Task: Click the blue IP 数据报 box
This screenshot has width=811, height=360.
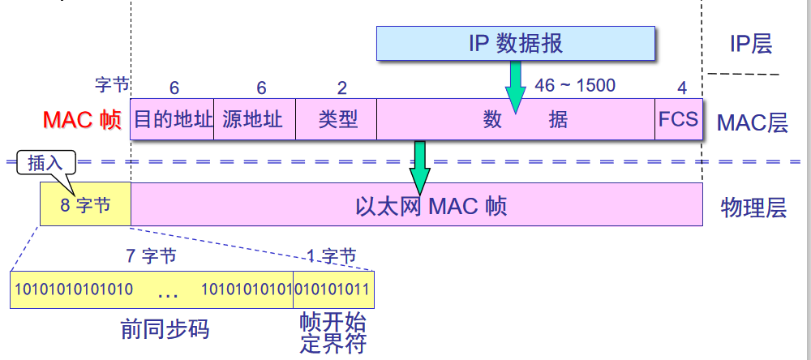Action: [x=516, y=44]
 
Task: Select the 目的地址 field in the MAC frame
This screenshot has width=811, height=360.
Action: [x=172, y=120]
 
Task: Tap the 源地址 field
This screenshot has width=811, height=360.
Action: [x=255, y=120]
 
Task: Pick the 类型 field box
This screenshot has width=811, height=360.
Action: [x=337, y=120]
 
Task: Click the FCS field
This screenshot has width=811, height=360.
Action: [x=678, y=120]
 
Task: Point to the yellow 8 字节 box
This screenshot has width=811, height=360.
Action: [x=85, y=205]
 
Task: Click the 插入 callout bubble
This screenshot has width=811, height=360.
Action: [x=45, y=162]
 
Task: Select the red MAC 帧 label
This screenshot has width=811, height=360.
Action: [x=81, y=120]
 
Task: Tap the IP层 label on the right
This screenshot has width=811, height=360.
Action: [x=751, y=44]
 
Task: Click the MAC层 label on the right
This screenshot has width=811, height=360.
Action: [x=752, y=123]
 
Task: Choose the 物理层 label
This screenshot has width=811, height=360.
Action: [x=753, y=208]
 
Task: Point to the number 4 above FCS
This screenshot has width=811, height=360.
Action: [x=682, y=88]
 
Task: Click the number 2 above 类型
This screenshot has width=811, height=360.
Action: [x=341, y=88]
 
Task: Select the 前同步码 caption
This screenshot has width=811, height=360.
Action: [x=165, y=330]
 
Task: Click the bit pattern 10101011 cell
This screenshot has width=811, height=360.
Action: [x=333, y=289]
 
